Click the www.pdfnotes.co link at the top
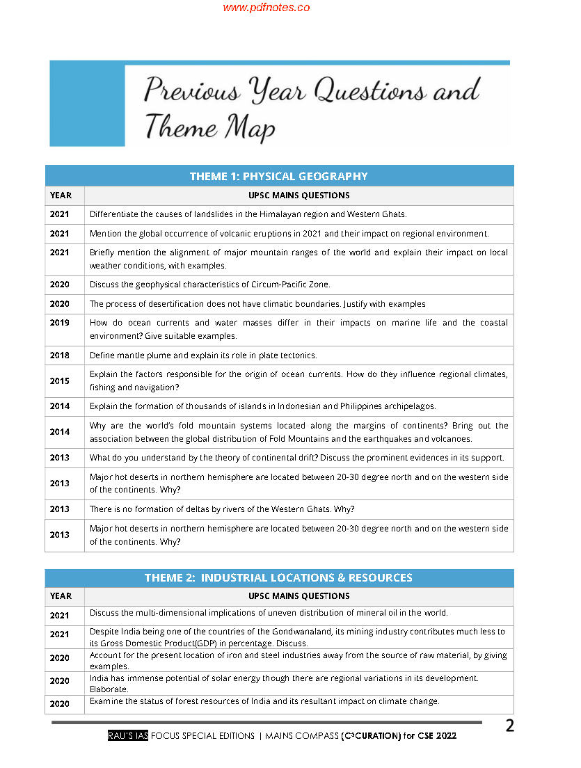click(266, 8)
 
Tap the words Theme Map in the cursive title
click(209, 128)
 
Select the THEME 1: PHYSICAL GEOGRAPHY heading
click(279, 176)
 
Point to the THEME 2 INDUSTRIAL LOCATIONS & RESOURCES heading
click(279, 577)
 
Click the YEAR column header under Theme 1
click(61, 195)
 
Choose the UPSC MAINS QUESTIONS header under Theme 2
click(299, 596)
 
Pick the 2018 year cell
click(60, 355)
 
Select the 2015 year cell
click(60, 381)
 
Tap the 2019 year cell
click(60, 323)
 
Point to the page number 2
click(509, 726)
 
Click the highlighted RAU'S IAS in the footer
click(128, 736)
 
